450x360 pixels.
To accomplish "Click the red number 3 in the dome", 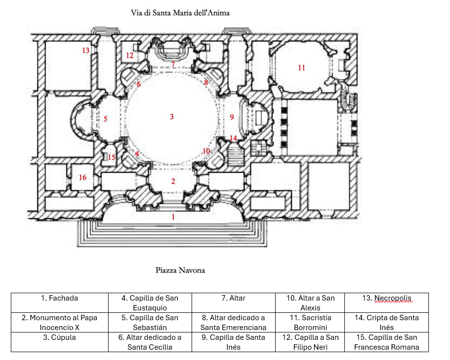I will [172, 117].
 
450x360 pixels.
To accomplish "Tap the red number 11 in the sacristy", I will [302, 68].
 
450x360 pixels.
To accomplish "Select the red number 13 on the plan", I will [86, 51].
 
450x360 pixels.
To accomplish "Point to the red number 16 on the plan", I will [83, 177].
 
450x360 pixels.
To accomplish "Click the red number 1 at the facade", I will [172, 216].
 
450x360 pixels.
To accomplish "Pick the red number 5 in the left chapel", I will [106, 119].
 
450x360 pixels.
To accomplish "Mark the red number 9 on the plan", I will [232, 117].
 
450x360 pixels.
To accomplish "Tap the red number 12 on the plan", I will [130, 55].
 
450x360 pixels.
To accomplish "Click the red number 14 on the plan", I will [233, 138].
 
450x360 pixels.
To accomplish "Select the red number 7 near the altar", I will [173, 64].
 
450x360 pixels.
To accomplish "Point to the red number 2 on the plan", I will [173, 181].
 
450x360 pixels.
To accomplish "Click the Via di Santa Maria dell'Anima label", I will [180, 13].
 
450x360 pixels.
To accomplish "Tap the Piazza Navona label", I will [180, 270].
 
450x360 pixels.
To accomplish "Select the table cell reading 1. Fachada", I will [59, 298].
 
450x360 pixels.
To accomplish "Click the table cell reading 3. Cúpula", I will [59, 337].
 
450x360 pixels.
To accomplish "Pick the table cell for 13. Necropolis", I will [386, 298].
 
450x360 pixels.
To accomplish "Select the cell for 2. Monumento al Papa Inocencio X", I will [59, 322].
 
